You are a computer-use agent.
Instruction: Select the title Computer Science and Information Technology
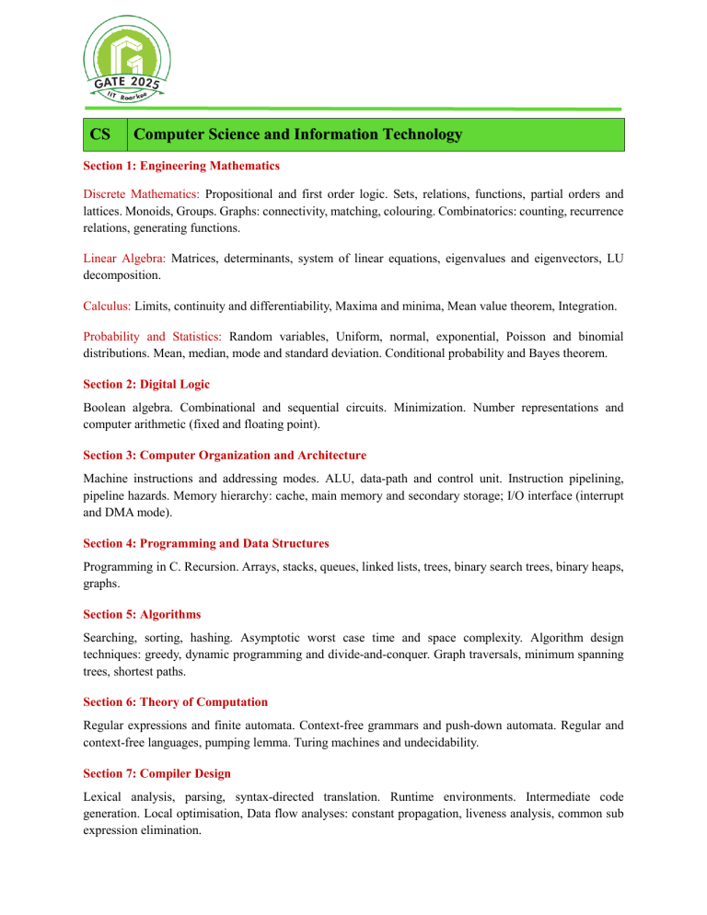pos(297,135)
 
